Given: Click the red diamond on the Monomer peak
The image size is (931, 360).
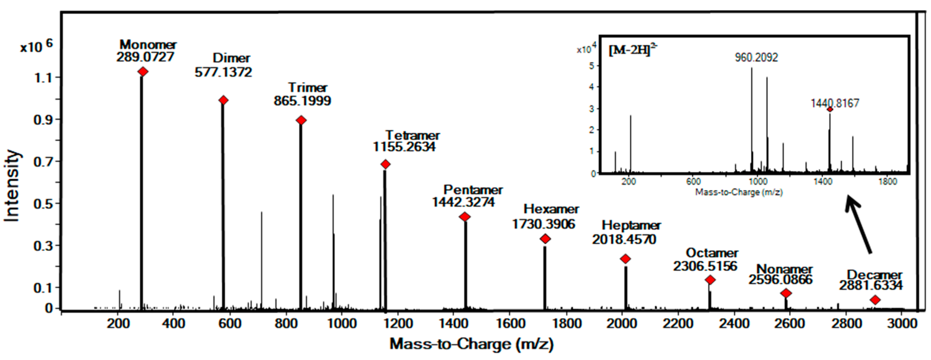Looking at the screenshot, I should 143,72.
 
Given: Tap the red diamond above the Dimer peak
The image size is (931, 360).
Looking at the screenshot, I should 223,100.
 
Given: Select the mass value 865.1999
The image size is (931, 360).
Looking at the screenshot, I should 302,101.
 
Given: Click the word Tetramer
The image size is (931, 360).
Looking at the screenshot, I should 412,135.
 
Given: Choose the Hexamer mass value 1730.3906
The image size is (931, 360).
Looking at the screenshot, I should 543,224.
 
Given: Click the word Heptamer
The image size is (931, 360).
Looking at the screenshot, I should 631,225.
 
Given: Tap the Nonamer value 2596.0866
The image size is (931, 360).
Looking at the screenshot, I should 780,279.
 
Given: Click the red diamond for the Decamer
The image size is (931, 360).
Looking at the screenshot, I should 875,300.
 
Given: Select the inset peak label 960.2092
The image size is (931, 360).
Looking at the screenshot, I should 756,57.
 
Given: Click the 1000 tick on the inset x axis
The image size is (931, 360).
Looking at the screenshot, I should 758,181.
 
